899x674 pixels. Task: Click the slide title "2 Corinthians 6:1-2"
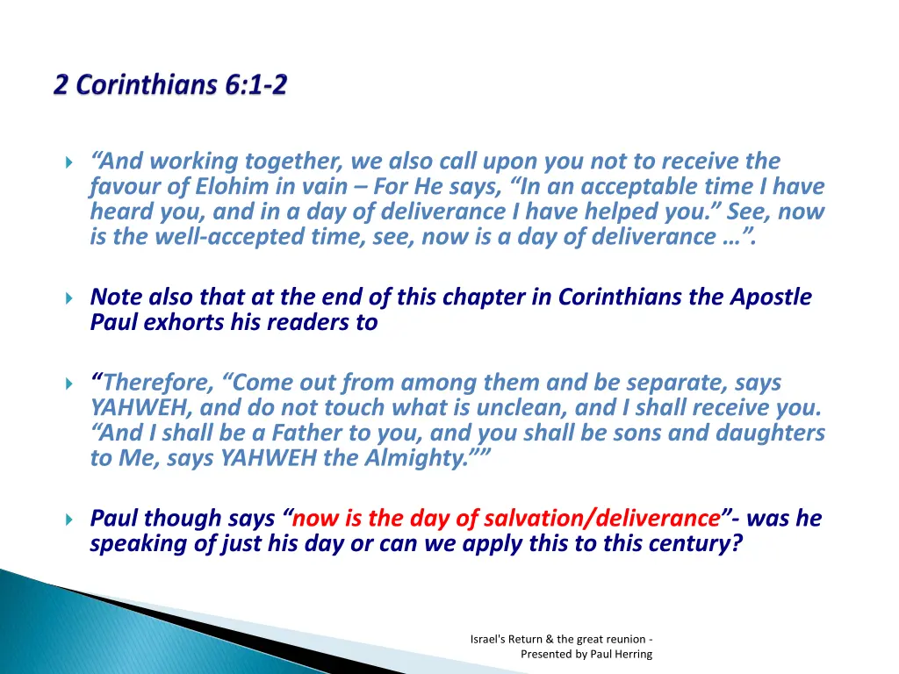170,86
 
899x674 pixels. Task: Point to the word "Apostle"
771,297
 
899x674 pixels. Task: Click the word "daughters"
772,434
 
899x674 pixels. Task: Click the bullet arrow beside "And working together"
70,162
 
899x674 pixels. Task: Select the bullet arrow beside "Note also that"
70,298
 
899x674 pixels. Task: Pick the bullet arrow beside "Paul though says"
70,520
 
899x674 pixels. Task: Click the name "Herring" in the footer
632,654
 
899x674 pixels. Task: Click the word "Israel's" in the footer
488,639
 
